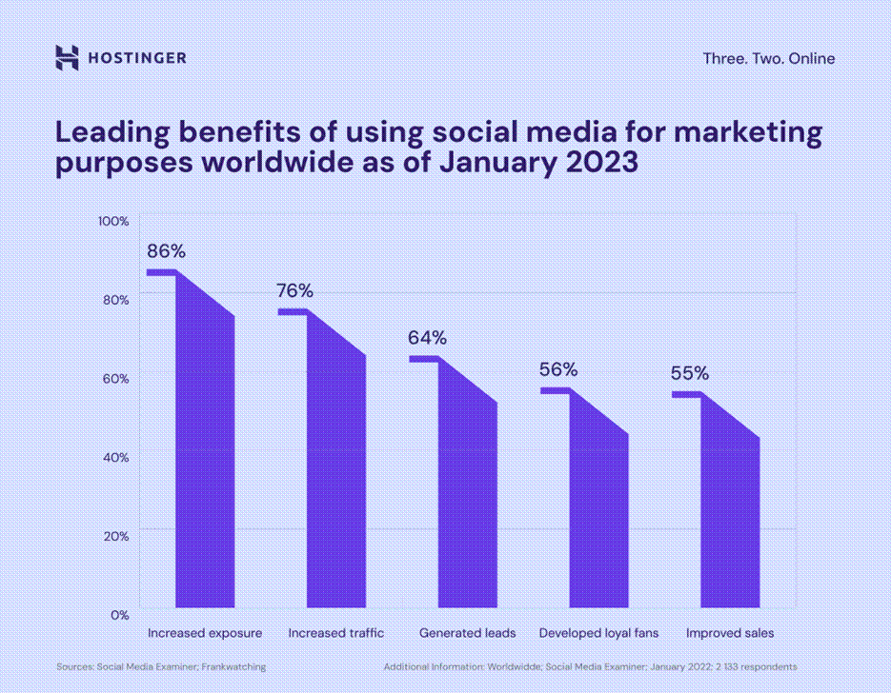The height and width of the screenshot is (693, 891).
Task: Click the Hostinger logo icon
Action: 67,58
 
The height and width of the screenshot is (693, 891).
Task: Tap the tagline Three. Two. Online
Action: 768,59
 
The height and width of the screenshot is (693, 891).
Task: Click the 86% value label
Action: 166,252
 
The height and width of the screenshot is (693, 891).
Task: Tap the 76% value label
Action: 294,290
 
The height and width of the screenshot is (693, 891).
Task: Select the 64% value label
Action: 427,338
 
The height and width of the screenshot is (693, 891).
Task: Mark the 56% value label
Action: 558,369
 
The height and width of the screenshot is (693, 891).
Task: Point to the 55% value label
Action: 689,373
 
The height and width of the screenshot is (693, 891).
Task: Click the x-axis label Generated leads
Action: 467,633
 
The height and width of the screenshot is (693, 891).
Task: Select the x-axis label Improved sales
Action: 730,633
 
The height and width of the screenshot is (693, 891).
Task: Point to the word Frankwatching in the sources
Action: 233,667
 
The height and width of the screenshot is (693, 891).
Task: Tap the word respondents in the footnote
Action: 768,667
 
